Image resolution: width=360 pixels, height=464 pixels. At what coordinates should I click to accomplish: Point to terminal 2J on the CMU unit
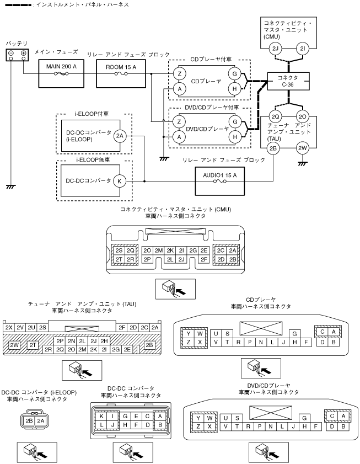click(275, 49)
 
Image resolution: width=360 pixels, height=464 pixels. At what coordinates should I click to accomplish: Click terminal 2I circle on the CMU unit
click(302, 49)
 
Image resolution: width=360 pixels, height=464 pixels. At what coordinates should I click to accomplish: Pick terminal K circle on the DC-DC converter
click(120, 180)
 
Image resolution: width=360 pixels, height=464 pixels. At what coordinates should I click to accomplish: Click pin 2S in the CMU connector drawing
click(119, 250)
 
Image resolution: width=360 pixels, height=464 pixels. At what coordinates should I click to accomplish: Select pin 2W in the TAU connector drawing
click(14, 345)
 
